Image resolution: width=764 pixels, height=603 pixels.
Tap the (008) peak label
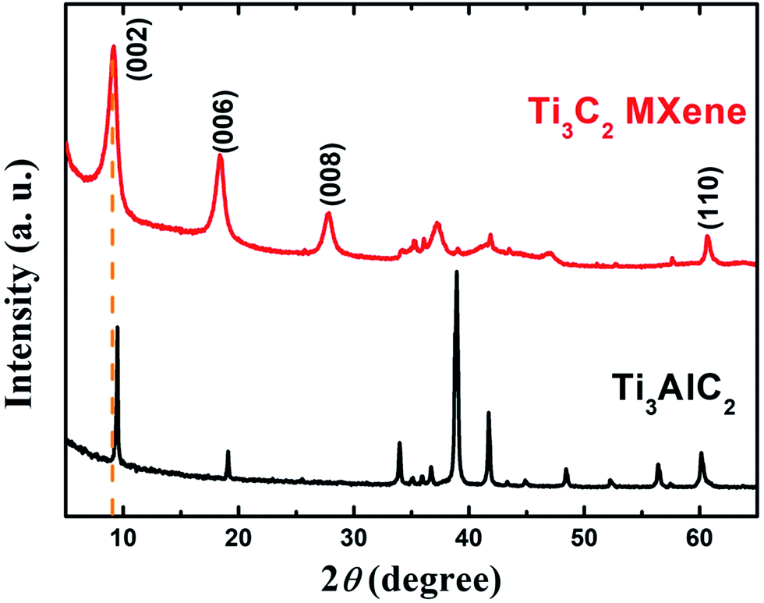[332, 176]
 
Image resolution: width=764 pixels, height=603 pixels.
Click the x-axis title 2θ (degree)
[411, 578]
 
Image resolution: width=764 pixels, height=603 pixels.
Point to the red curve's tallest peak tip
[114, 47]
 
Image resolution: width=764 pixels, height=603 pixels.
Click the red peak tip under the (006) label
[221, 155]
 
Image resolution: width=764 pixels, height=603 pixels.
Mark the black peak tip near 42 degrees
[489, 413]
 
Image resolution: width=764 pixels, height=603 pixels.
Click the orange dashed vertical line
[113, 312]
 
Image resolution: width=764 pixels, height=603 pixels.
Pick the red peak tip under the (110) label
[708, 236]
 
